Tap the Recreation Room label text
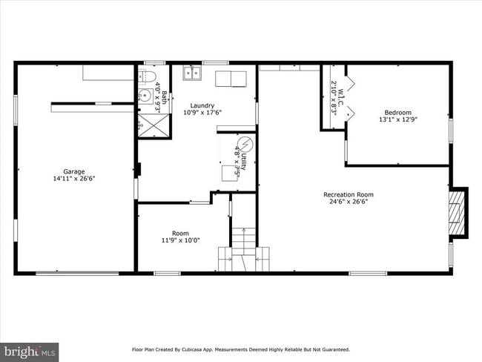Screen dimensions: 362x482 point(349,194)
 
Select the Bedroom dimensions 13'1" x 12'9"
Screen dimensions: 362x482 point(397,119)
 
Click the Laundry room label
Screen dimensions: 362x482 point(202,105)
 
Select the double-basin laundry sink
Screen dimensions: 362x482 point(192,73)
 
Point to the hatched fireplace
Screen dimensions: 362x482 point(459,212)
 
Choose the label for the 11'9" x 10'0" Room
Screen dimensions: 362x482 point(180,233)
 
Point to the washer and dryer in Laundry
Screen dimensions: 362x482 point(230,78)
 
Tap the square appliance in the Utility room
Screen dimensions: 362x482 point(231,173)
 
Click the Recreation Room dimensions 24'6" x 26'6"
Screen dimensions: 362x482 point(349,202)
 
